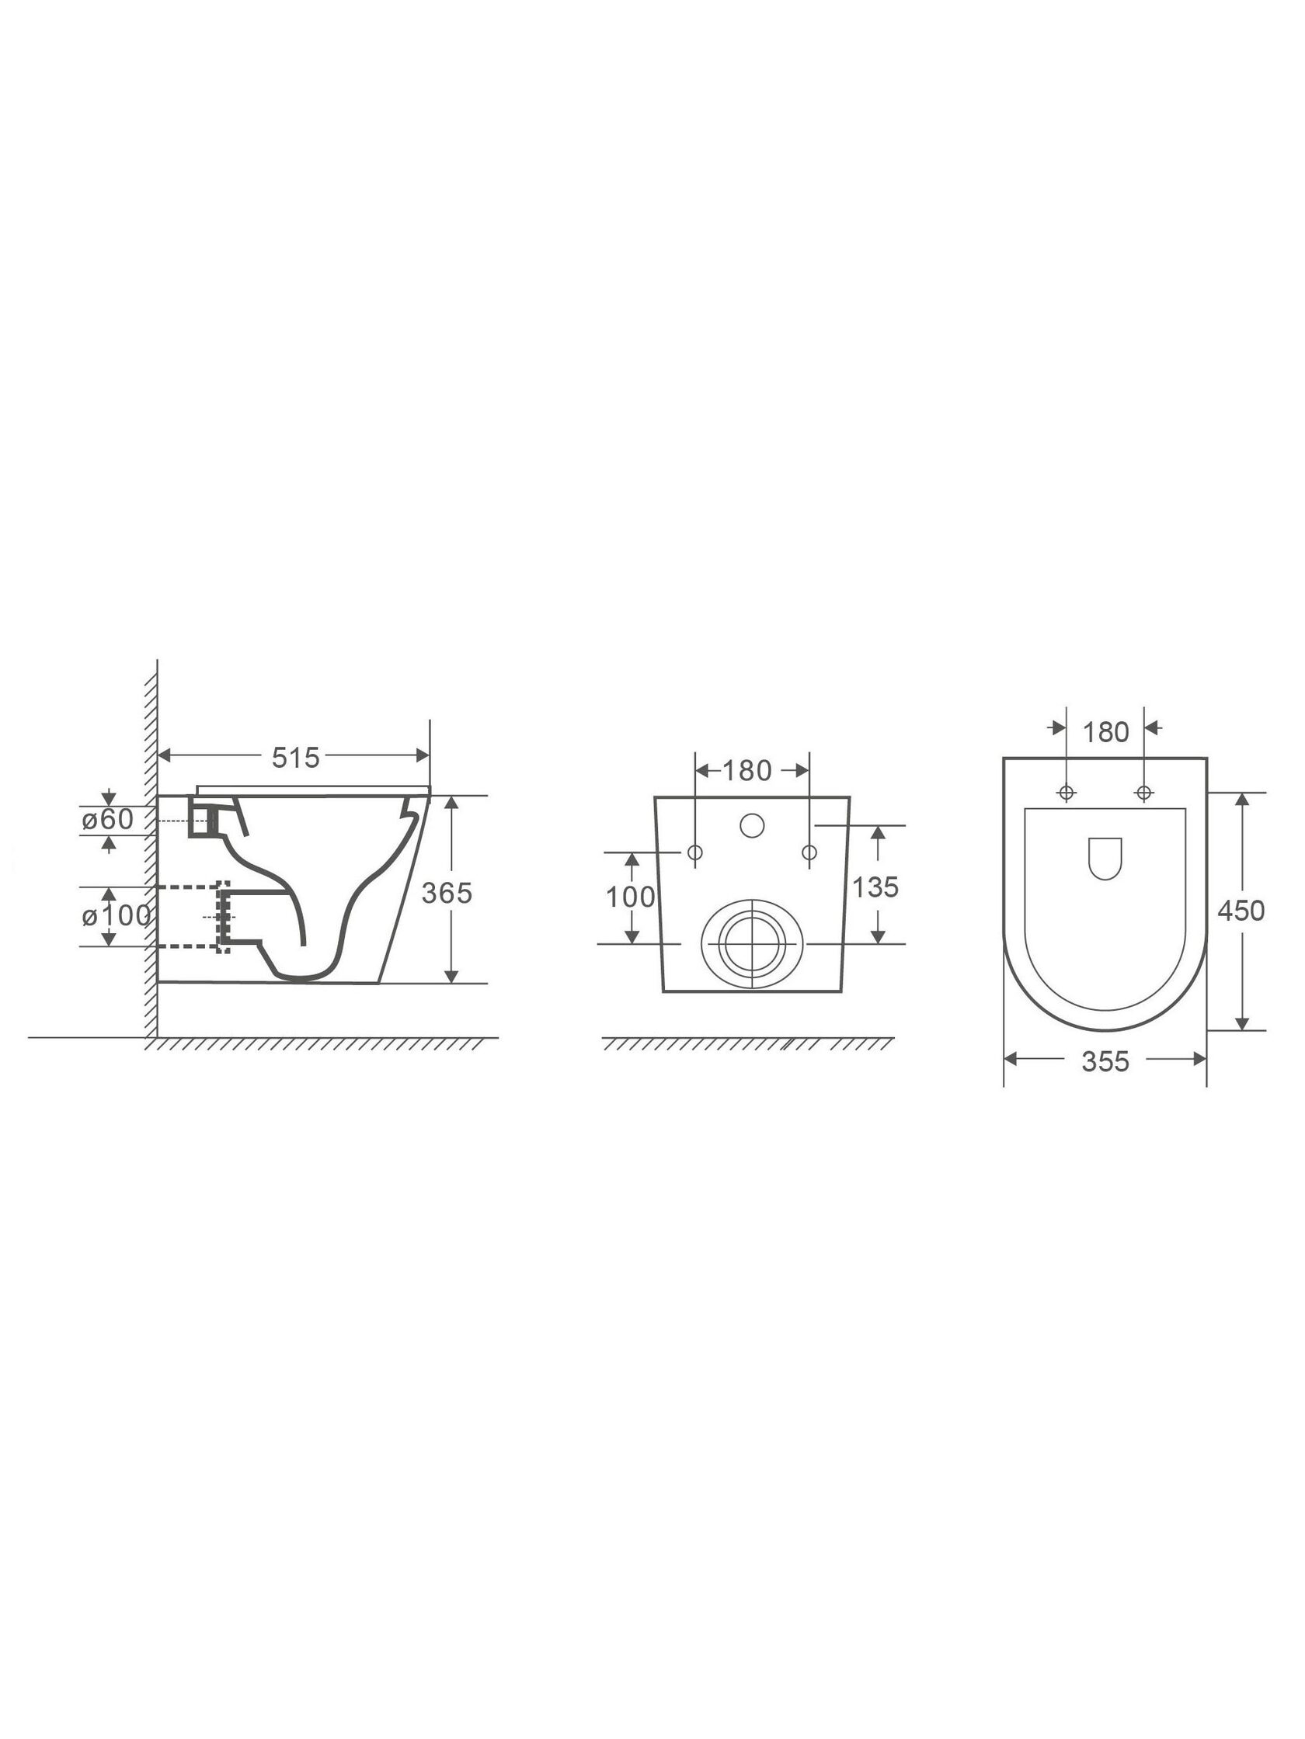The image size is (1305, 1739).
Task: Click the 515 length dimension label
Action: (x=296, y=758)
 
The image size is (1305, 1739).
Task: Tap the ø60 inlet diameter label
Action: (x=108, y=819)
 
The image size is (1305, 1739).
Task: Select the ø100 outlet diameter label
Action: (x=117, y=916)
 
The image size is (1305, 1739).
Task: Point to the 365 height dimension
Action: (x=447, y=893)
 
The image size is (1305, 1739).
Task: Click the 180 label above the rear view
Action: (x=746, y=771)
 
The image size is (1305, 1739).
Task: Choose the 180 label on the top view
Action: (x=1106, y=733)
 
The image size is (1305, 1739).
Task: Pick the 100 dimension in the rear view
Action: (x=630, y=897)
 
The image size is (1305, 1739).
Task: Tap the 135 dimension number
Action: (x=875, y=887)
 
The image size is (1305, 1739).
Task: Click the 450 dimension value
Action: (x=1241, y=911)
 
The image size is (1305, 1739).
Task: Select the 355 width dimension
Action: (x=1105, y=1062)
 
